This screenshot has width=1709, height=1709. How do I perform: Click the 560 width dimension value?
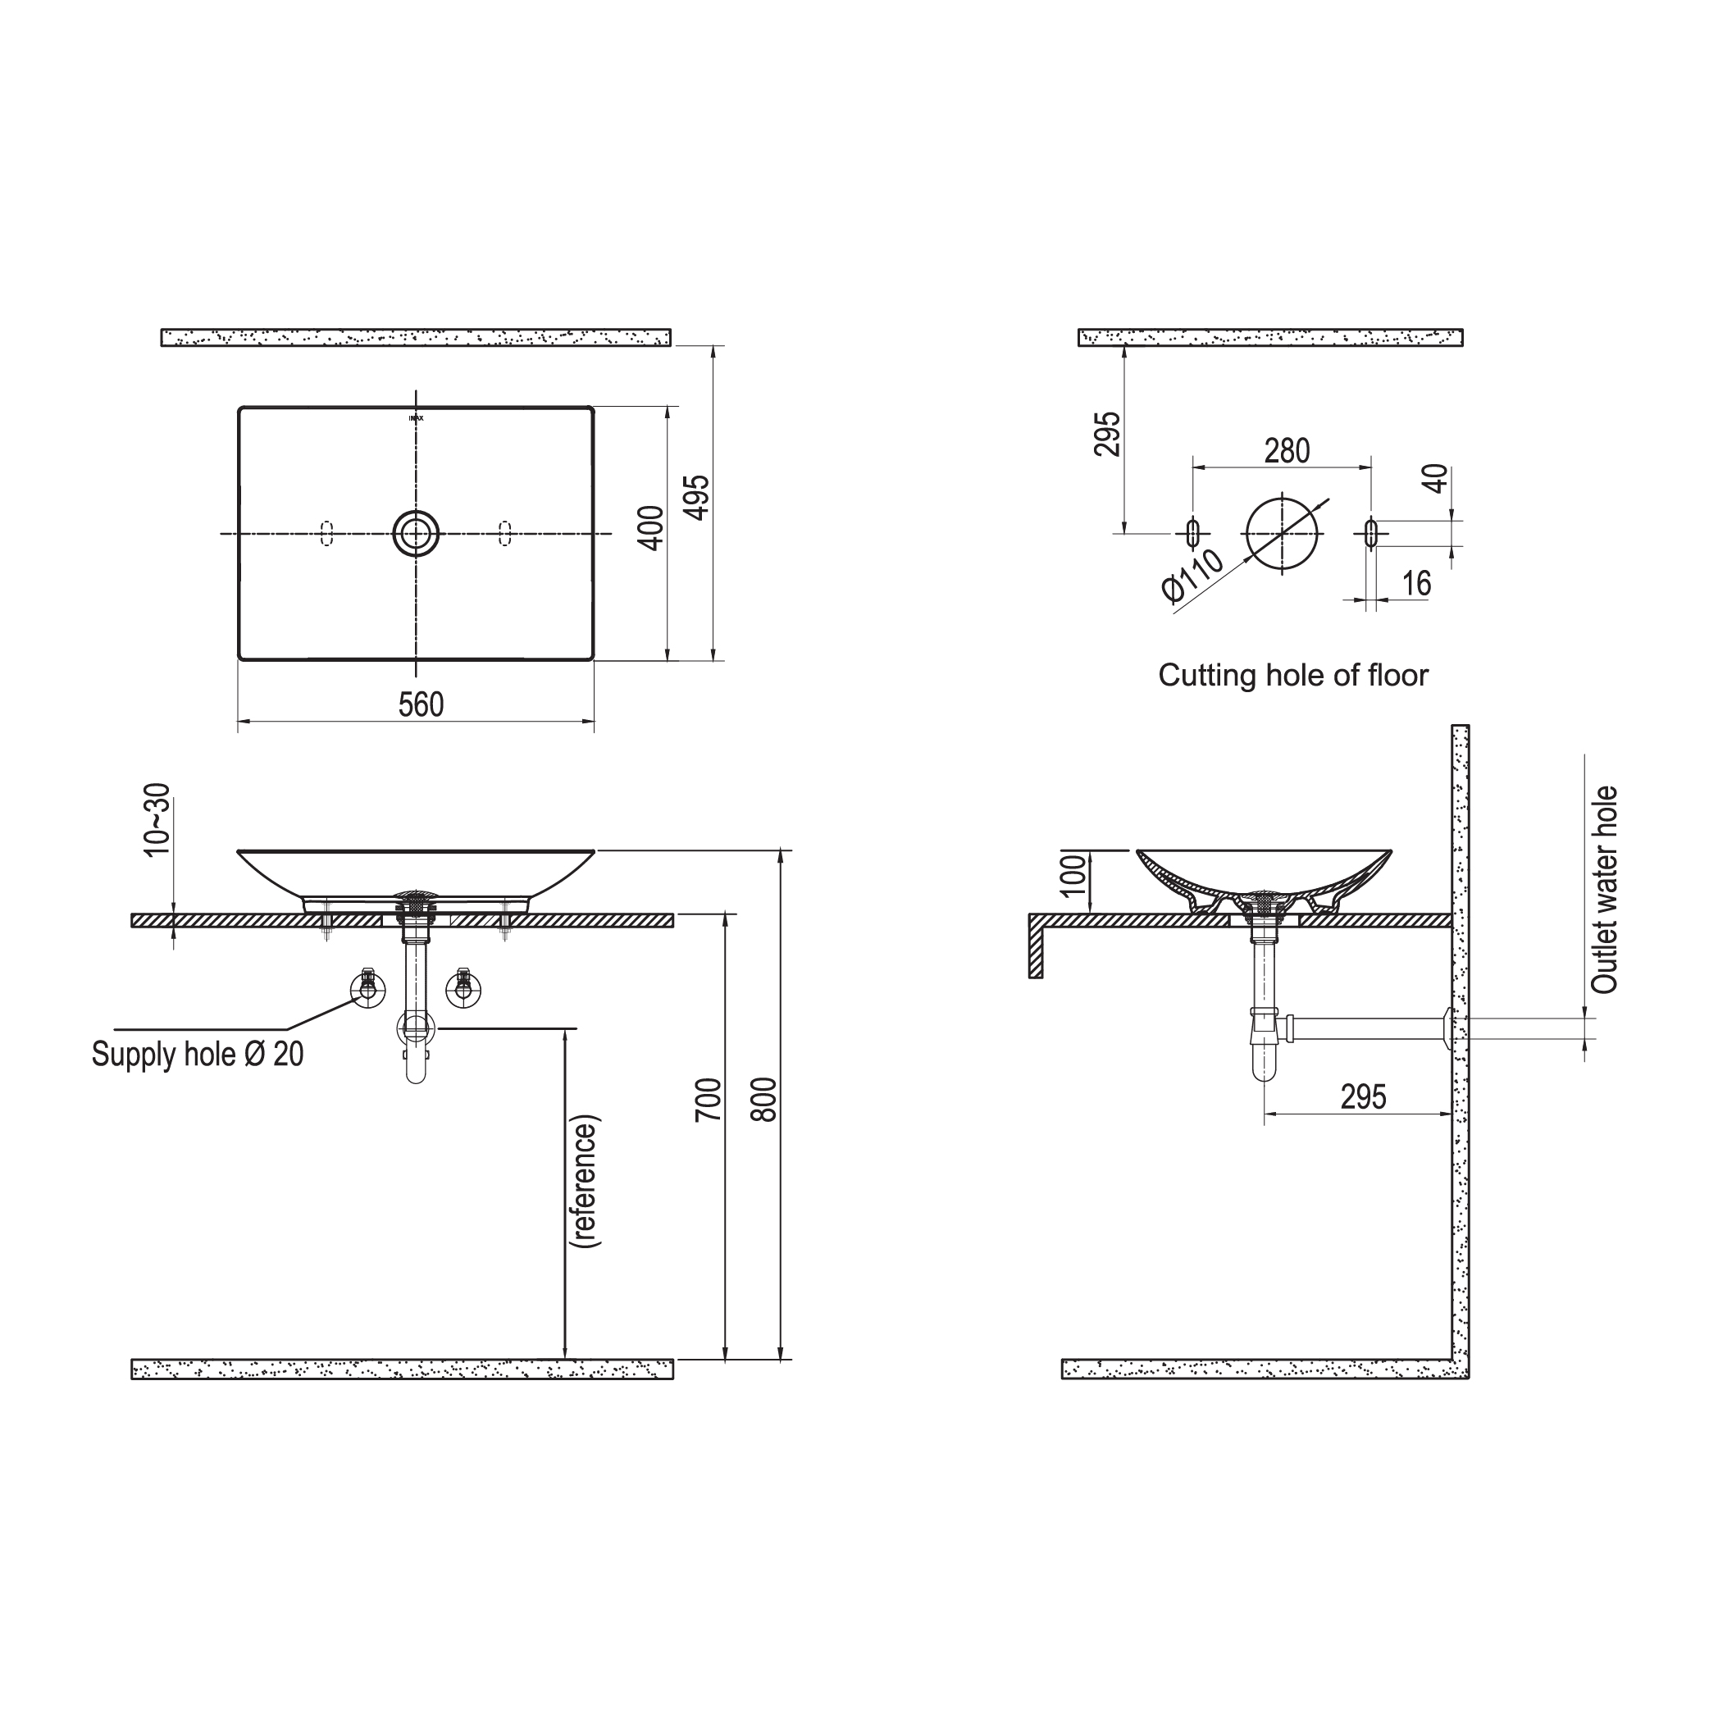(x=420, y=704)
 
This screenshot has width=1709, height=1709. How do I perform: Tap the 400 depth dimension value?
(x=651, y=528)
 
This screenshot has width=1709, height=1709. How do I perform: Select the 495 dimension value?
(x=698, y=497)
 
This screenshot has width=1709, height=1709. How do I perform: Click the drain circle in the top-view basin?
(x=416, y=533)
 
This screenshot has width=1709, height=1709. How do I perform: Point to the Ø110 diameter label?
(x=1193, y=576)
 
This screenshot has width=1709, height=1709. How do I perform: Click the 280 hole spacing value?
(x=1286, y=451)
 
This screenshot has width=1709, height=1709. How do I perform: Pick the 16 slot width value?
(x=1416, y=583)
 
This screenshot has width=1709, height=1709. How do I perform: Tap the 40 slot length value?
(x=1435, y=479)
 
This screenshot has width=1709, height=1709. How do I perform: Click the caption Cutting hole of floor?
(x=1292, y=676)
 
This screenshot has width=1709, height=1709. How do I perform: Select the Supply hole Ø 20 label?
(x=198, y=1054)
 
